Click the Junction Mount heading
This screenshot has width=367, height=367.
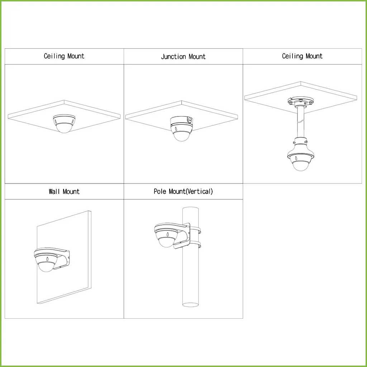[x=183, y=57]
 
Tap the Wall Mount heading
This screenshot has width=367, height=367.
[x=64, y=191]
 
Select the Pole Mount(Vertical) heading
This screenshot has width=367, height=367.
[x=183, y=191]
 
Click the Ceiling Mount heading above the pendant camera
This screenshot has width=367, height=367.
[x=302, y=56]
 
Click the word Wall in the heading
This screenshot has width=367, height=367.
[x=54, y=191]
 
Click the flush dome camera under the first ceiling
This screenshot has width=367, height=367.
[x=64, y=124]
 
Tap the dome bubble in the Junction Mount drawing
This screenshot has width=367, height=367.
[x=181, y=136]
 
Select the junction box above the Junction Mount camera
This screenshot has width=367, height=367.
[x=181, y=121]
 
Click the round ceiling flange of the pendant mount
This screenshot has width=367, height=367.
[x=301, y=102]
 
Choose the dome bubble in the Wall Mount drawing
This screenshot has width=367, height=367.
[x=46, y=266]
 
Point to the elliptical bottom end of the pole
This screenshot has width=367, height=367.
[x=191, y=305]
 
